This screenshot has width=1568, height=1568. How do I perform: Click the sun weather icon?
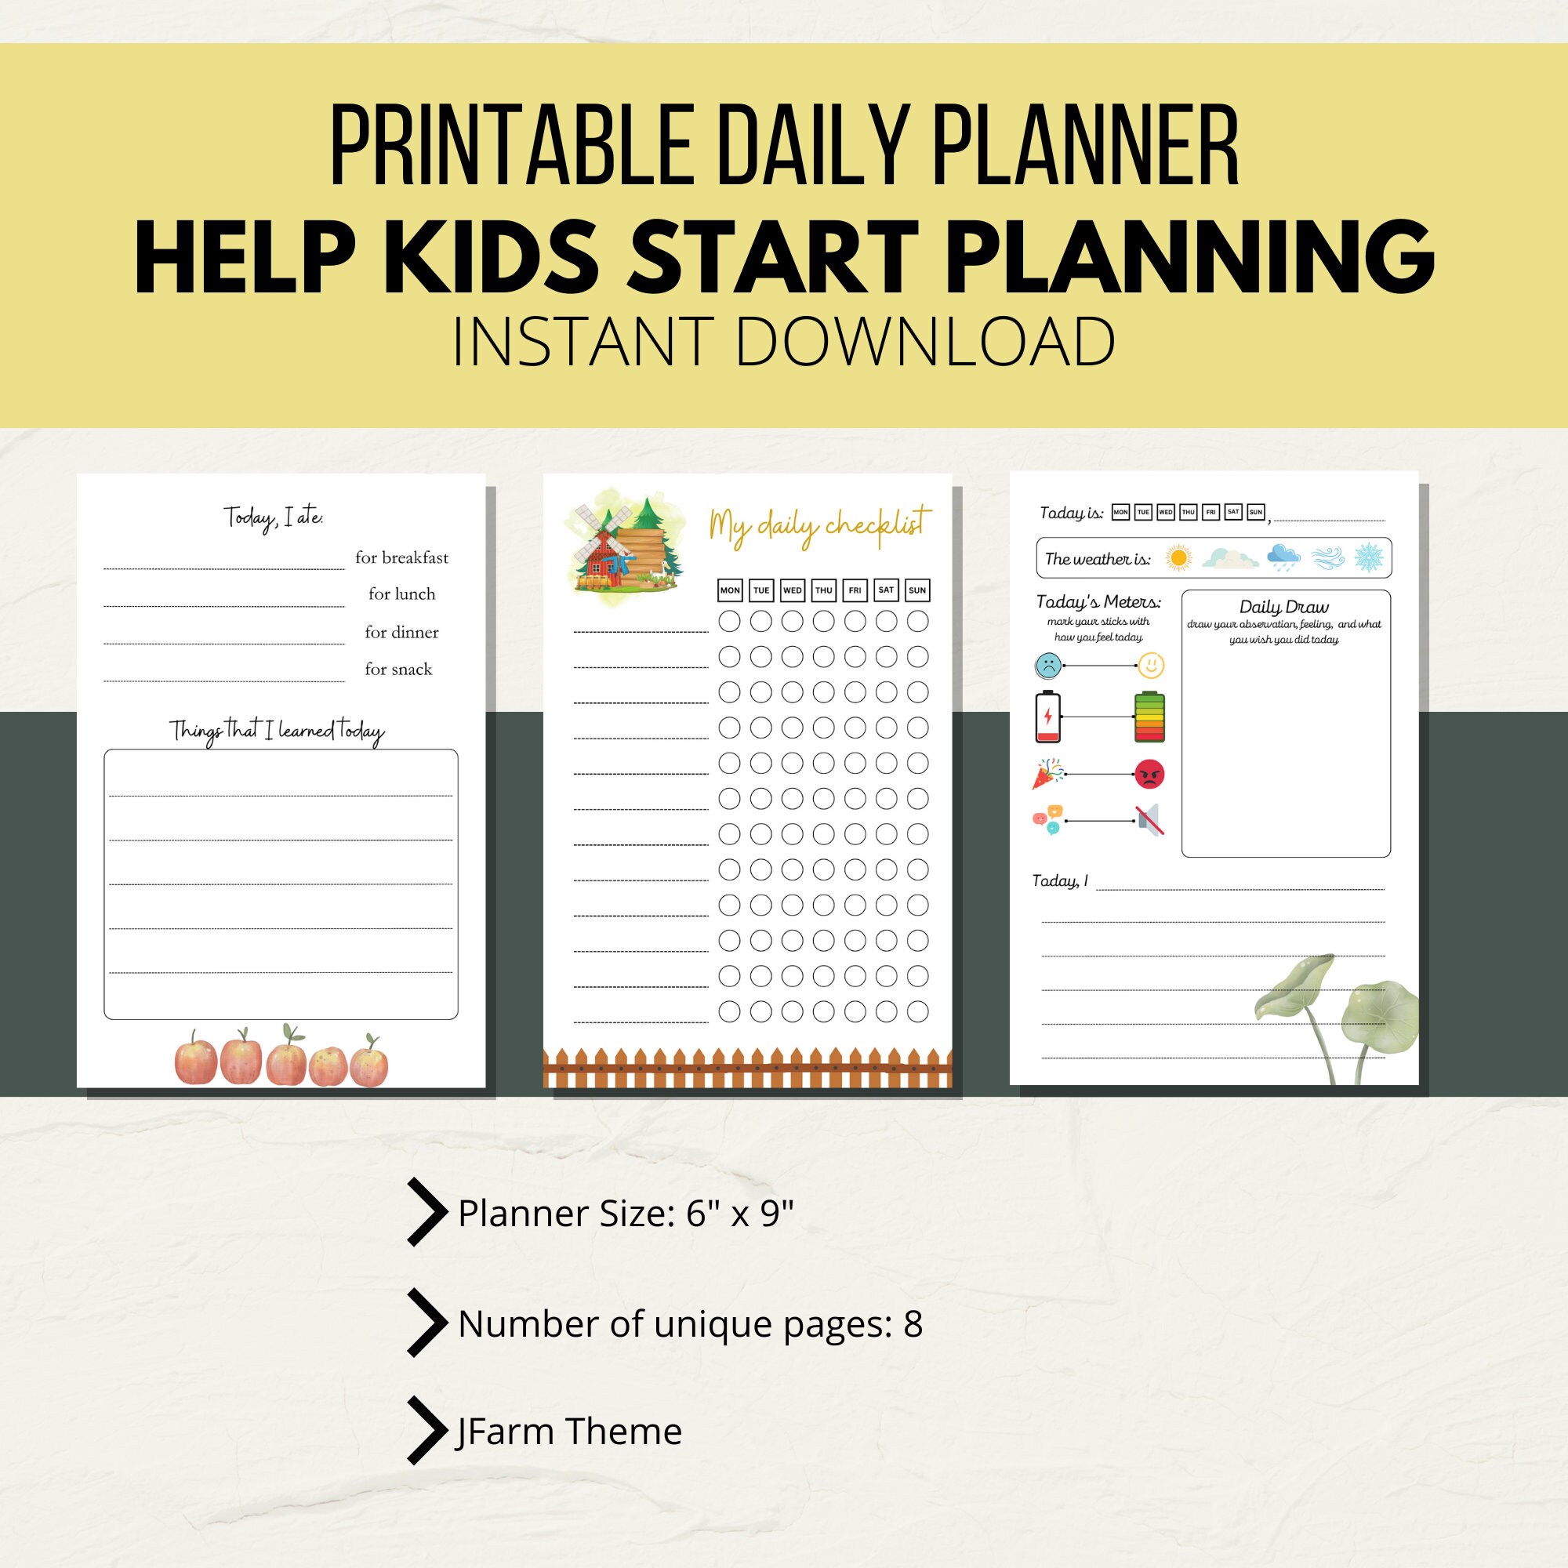[x=1178, y=557]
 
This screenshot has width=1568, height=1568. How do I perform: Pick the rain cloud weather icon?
[x=1284, y=557]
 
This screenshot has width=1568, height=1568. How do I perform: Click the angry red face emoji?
[x=1149, y=775]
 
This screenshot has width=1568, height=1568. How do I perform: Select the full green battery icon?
[x=1149, y=717]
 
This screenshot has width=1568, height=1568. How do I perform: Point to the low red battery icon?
[x=1047, y=717]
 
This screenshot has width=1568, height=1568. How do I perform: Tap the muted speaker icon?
[x=1151, y=821]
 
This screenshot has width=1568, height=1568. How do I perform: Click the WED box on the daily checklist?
[x=792, y=590]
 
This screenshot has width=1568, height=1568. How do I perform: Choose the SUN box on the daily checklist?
[x=917, y=590]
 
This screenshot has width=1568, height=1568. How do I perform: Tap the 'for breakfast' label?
[x=401, y=557]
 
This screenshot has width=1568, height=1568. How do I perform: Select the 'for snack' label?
[x=397, y=669]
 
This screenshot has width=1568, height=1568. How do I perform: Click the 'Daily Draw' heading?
[x=1284, y=606]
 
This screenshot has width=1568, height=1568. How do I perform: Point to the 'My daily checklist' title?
[x=820, y=526]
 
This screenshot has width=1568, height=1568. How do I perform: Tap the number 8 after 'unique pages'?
[x=913, y=1323]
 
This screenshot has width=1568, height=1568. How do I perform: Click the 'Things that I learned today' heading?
[x=277, y=731]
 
